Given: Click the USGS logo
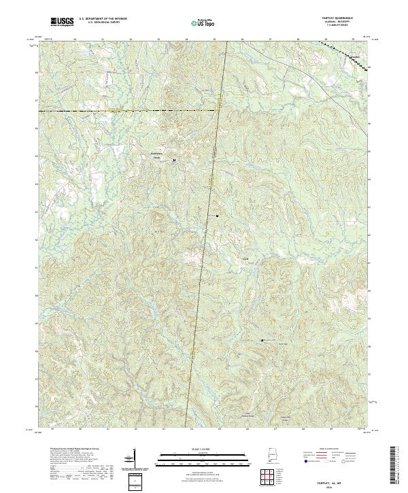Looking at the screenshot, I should (x=62, y=22).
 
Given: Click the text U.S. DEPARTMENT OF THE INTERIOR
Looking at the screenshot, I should (x=103, y=19).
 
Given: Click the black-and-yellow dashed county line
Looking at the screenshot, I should (x=122, y=109).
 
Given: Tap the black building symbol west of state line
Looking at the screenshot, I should (x=174, y=160).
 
